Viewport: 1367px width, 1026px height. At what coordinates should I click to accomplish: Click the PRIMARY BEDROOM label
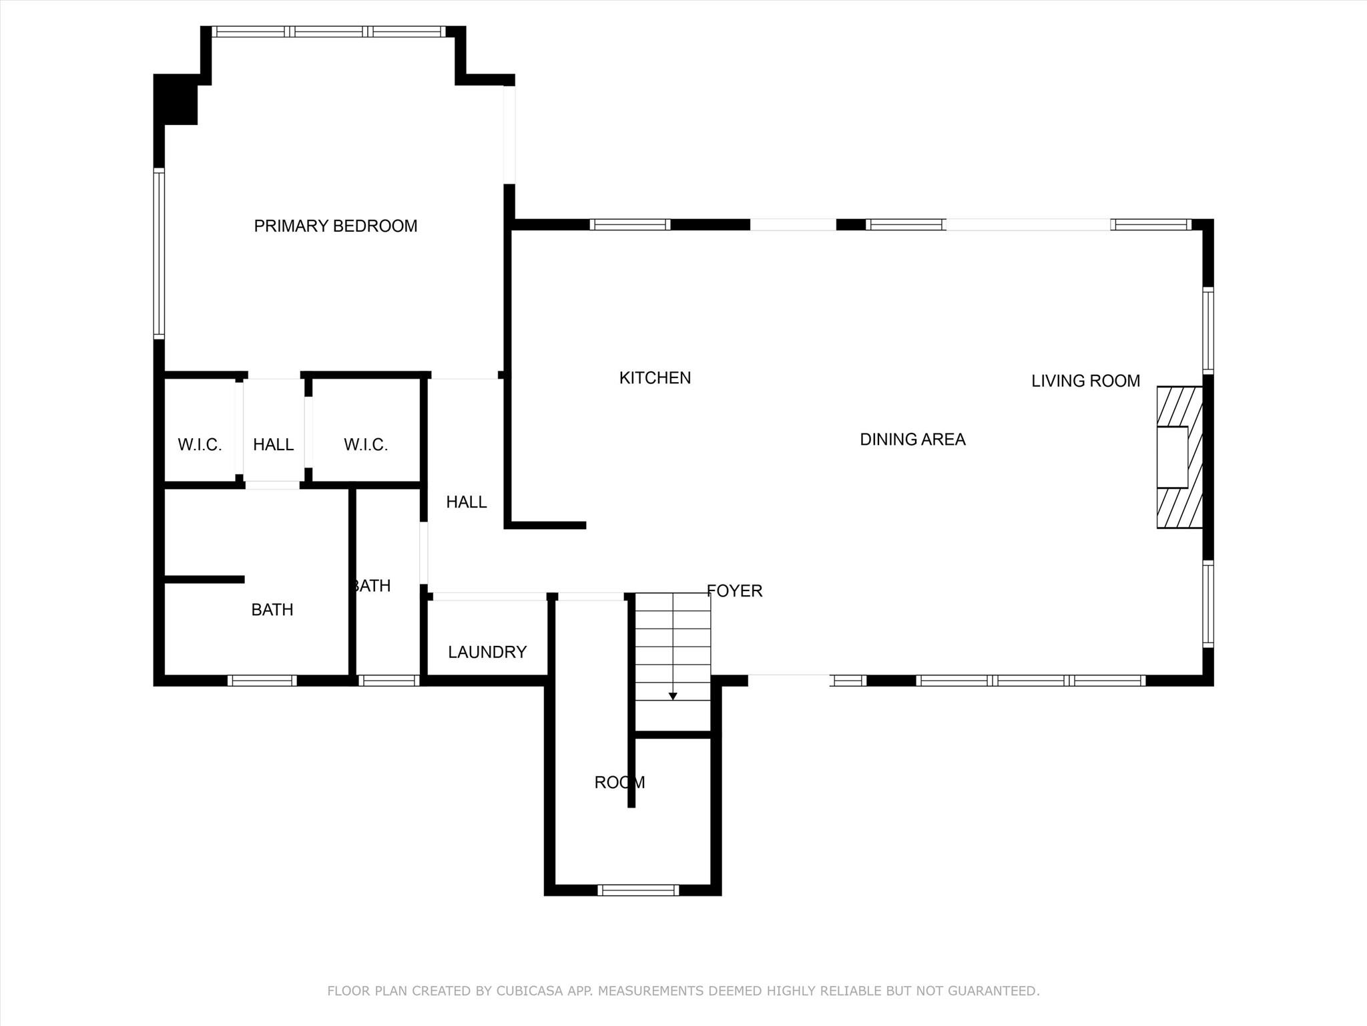pyautogui.click(x=336, y=226)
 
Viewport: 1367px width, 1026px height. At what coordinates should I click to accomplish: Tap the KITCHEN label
pyautogui.click(x=655, y=378)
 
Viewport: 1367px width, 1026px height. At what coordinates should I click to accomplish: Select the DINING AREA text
pyautogui.click(x=912, y=440)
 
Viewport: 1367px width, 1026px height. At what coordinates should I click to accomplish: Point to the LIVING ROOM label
pyautogui.click(x=1085, y=381)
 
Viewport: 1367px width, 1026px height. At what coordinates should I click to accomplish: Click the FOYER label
pyautogui.click(x=734, y=591)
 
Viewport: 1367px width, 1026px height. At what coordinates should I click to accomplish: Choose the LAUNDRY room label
pyautogui.click(x=487, y=652)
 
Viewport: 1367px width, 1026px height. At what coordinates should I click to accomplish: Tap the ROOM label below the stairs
pyautogui.click(x=619, y=782)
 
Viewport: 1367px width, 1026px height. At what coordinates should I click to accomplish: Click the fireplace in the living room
pyautogui.click(x=1179, y=458)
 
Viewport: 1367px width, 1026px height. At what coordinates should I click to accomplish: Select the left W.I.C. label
pyautogui.click(x=200, y=445)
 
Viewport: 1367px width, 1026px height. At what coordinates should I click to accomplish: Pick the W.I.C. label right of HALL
pyautogui.click(x=366, y=445)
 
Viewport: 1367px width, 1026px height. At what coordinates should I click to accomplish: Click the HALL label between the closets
pyautogui.click(x=273, y=445)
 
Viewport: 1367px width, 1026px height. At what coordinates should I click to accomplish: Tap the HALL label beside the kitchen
pyautogui.click(x=466, y=502)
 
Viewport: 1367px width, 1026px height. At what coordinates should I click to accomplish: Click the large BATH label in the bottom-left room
pyautogui.click(x=272, y=610)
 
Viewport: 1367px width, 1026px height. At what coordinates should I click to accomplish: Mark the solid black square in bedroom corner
pyautogui.click(x=176, y=100)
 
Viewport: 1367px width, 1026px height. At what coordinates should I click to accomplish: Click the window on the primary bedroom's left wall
pyautogui.click(x=159, y=254)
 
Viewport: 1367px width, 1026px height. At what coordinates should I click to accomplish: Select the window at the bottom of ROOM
pyautogui.click(x=638, y=890)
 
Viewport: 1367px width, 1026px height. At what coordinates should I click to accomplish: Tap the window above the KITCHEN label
pyautogui.click(x=630, y=224)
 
